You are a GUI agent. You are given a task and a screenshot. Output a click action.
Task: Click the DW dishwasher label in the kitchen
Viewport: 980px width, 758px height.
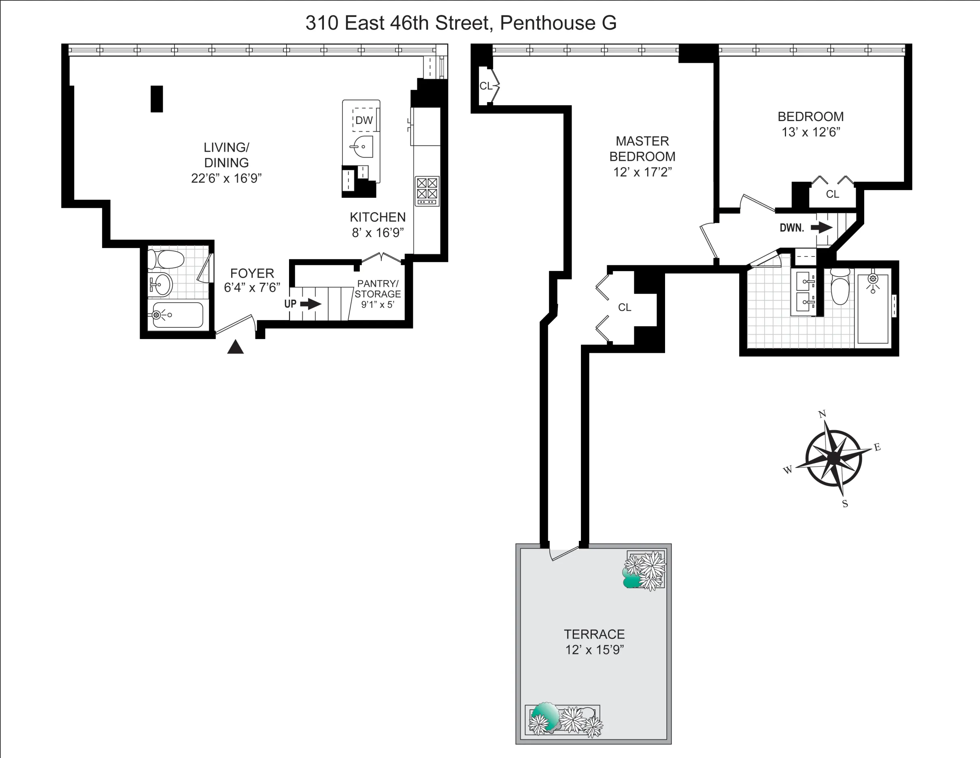(364, 120)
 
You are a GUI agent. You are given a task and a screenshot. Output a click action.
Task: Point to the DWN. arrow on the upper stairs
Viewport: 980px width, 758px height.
(821, 228)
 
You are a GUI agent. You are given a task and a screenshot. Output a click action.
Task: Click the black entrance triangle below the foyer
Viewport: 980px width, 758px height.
(235, 348)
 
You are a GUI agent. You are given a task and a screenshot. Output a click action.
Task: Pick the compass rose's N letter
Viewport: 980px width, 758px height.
(823, 414)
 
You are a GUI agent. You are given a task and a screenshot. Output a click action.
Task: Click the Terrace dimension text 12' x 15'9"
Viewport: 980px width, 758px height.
(595, 650)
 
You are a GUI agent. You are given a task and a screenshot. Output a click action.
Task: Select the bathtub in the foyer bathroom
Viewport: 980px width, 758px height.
(177, 315)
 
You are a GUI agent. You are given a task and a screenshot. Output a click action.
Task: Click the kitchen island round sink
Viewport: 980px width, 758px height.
(363, 147)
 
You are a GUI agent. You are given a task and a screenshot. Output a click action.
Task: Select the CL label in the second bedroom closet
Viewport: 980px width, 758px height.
(832, 194)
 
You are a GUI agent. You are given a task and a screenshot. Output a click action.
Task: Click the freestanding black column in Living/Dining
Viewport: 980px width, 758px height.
(157, 99)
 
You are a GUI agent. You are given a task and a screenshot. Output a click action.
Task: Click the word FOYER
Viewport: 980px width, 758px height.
(252, 273)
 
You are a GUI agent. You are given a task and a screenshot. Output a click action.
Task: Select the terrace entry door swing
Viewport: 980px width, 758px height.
(565, 554)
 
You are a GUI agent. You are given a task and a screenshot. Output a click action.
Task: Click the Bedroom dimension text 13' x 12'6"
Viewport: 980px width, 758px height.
(810, 132)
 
